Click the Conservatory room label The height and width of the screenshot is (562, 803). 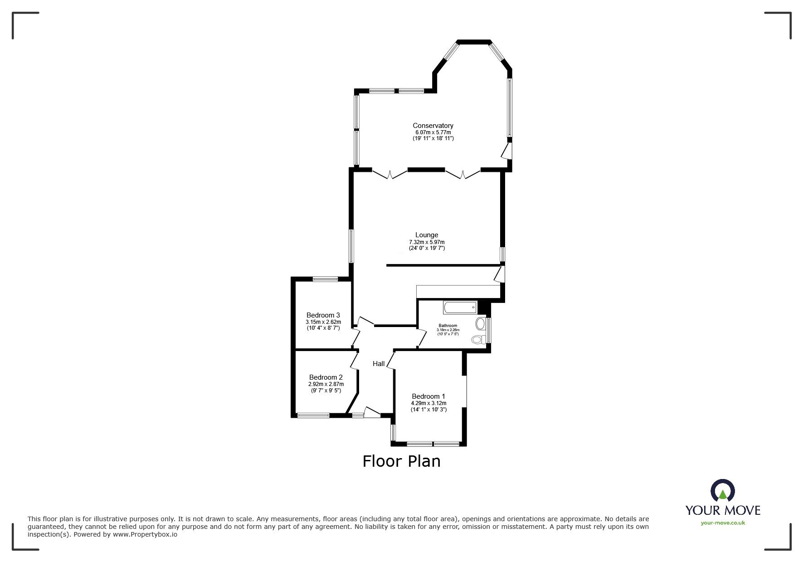coord(433,126)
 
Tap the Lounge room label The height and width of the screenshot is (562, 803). coord(427,235)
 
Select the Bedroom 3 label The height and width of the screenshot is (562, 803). coord(323,315)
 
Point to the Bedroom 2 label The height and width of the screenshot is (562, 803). coord(326,377)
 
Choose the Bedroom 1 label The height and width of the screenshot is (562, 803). coord(428,396)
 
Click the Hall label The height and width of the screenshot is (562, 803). coord(379,364)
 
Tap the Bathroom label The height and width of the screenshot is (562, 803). coord(448,326)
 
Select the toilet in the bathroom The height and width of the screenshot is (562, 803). coord(477,339)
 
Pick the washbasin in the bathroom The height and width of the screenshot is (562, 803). coord(480,323)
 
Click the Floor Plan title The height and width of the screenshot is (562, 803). coord(401,461)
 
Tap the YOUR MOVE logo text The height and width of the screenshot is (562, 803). coord(723,510)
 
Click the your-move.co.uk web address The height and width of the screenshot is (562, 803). coord(723,523)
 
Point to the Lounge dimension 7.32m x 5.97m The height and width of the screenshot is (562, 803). coord(427,242)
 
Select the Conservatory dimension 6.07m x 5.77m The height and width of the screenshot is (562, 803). coord(433,132)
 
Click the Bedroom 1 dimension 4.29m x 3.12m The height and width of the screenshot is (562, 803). coord(428,403)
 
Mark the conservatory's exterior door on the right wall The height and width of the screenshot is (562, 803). coord(507,151)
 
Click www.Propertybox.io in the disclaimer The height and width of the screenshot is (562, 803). coord(145,534)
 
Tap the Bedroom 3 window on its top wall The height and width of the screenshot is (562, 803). coord(325,279)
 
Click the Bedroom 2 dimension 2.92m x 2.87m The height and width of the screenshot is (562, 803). coord(326,384)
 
